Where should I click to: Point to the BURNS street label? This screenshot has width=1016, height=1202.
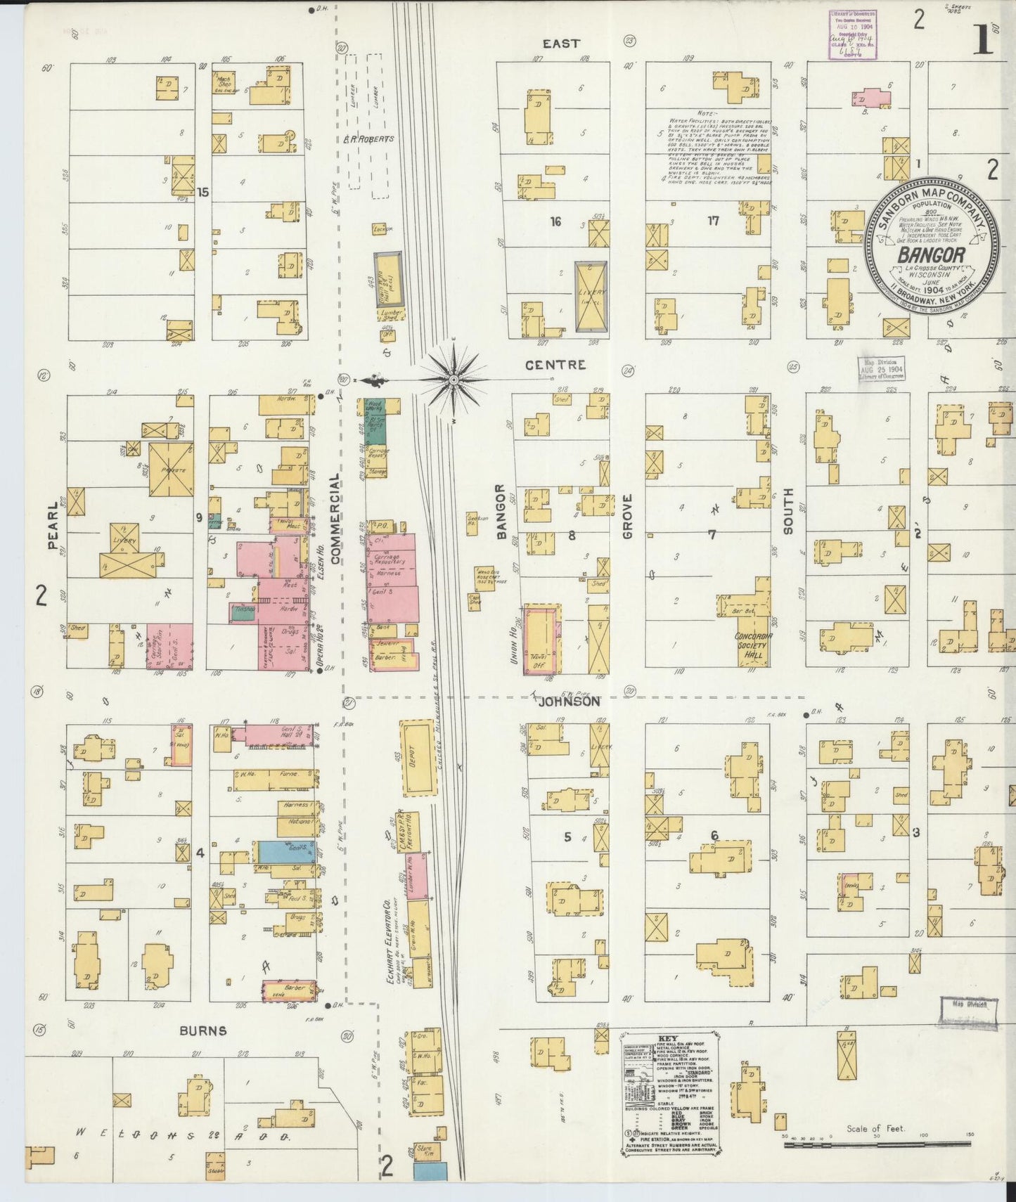coord(202,1030)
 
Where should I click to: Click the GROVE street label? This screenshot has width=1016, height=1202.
coord(627,515)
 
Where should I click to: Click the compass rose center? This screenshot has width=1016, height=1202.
coord(454,380)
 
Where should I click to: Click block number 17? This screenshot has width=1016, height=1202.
coord(713,221)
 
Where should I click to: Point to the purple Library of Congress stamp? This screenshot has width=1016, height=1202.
coord(851,33)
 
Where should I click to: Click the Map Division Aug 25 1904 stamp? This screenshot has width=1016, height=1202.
coord(881,368)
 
